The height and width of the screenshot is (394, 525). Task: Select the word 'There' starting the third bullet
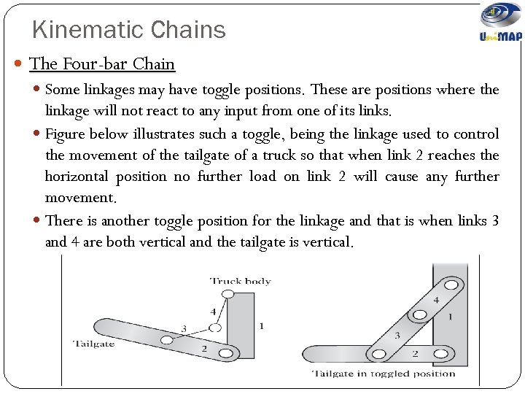(63, 220)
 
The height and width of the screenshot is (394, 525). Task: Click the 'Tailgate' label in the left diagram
(93, 343)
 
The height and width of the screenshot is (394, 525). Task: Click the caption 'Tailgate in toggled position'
(384, 374)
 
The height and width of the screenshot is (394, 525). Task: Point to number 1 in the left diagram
(262, 325)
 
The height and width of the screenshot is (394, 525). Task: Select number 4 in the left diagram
(213, 312)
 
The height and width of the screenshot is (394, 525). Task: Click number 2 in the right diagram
(415, 353)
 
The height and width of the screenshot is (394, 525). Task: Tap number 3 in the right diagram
(397, 335)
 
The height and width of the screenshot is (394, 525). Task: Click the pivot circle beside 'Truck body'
(227, 294)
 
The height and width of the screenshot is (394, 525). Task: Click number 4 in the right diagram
(436, 300)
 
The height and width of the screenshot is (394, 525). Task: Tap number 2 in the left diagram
(204, 349)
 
